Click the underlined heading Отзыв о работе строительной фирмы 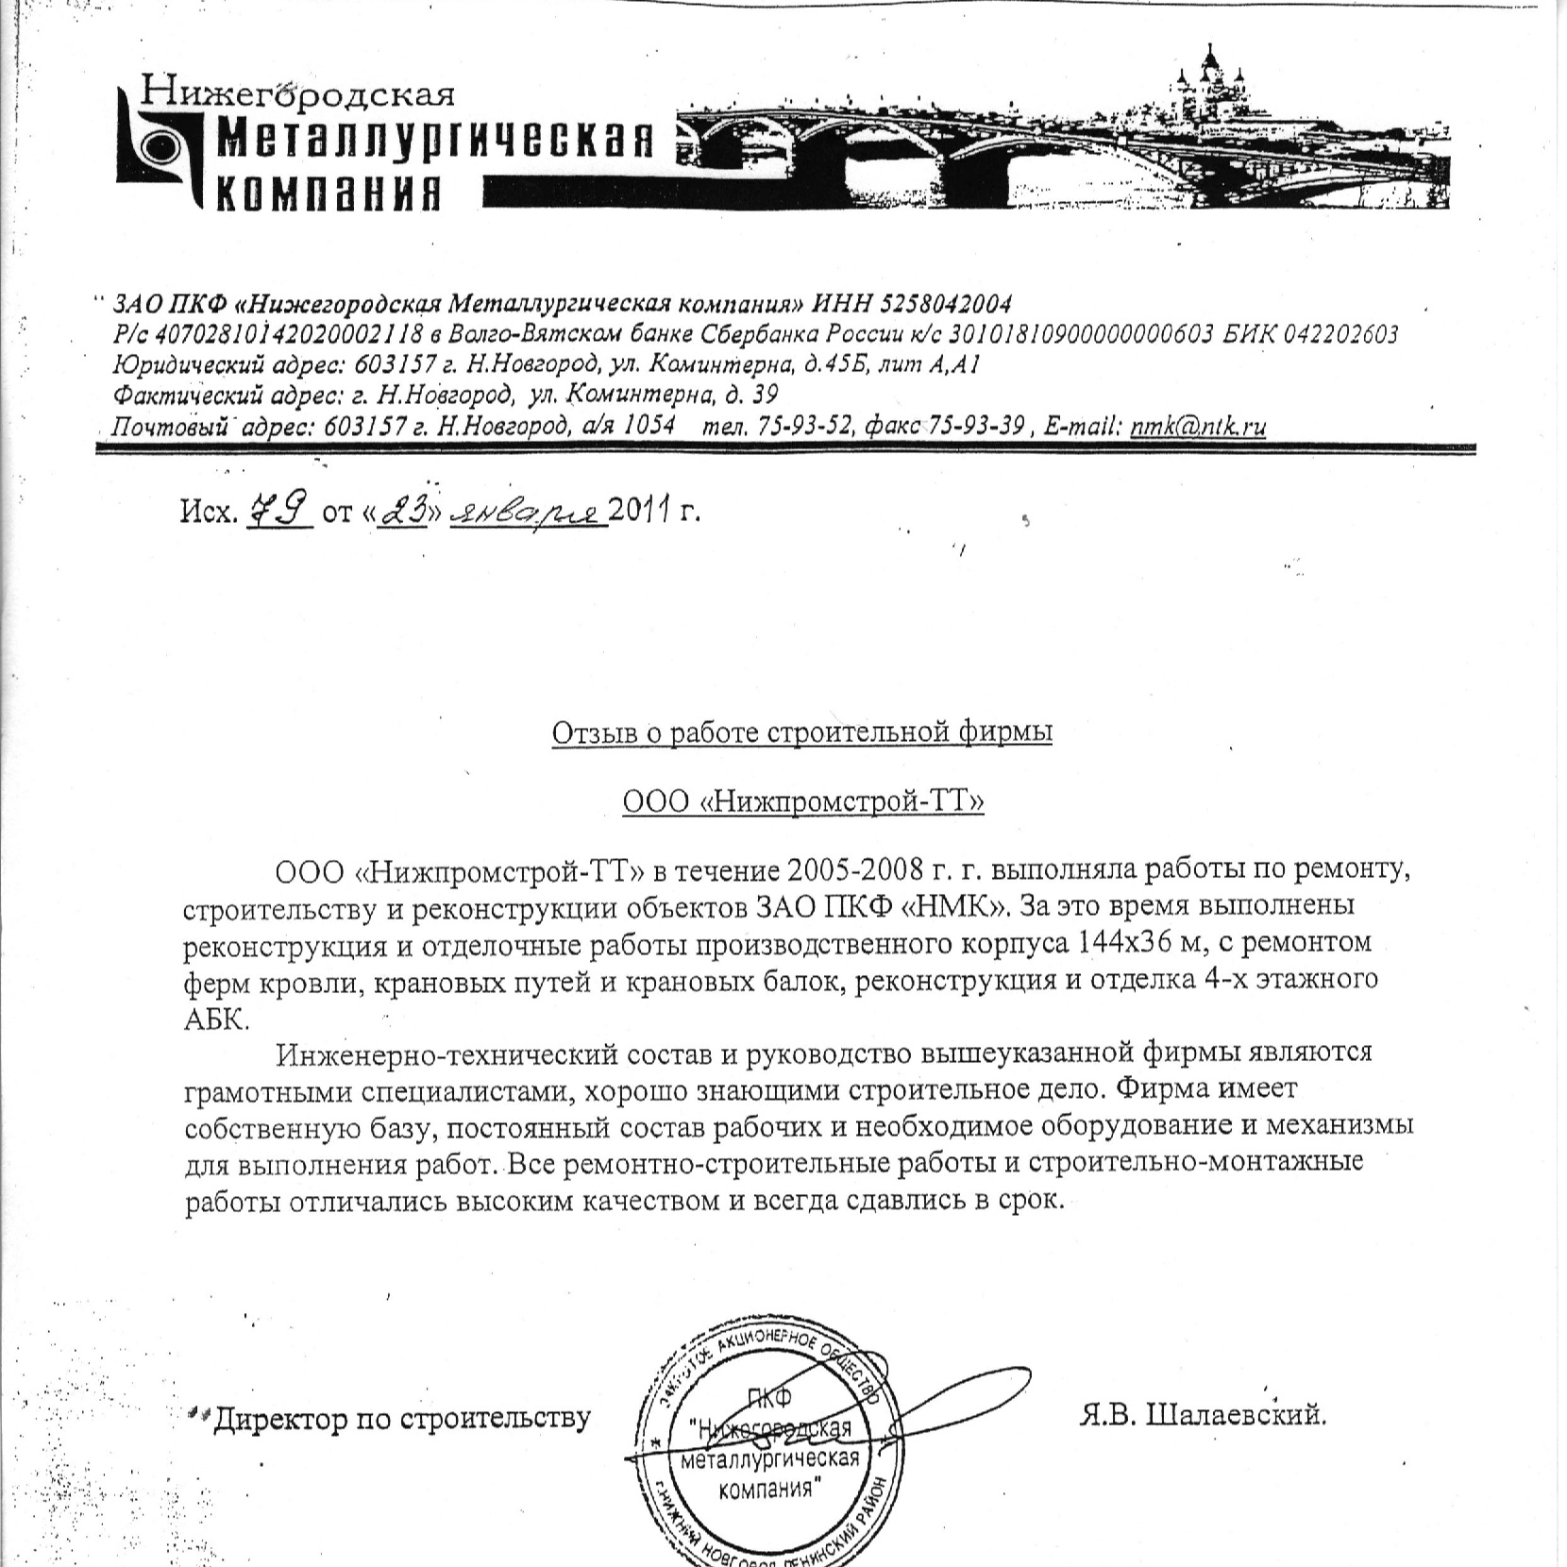pyautogui.click(x=801, y=733)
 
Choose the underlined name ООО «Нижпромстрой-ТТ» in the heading pyautogui.click(x=802, y=802)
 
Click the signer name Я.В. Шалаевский pyautogui.click(x=1202, y=1416)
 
